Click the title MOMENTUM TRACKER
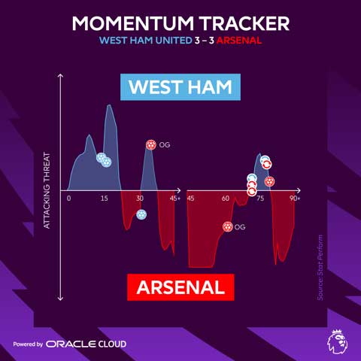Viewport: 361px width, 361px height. point(180,23)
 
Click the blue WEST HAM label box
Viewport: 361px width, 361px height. point(180,86)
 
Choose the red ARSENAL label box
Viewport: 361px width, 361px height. point(180,287)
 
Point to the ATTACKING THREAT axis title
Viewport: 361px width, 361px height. point(47,190)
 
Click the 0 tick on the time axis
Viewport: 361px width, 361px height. point(68,199)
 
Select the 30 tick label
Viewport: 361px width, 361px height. point(139,199)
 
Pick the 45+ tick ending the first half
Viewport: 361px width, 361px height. point(174,199)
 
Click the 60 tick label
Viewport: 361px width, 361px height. point(226,199)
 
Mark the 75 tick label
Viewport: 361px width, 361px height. point(260,199)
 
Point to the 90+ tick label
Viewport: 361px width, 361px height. point(293,199)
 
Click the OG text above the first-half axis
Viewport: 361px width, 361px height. point(165,144)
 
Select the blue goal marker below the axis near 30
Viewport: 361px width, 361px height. point(141,214)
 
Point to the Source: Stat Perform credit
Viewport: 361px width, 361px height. point(320,268)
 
